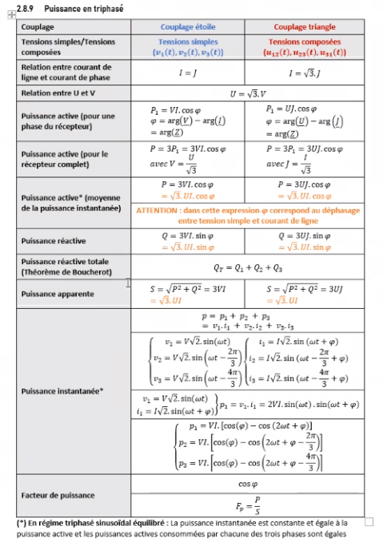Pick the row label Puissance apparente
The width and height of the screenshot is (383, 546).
coord(55,294)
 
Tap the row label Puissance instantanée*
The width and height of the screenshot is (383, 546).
coord(58,390)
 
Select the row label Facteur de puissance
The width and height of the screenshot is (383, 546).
coord(57,495)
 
